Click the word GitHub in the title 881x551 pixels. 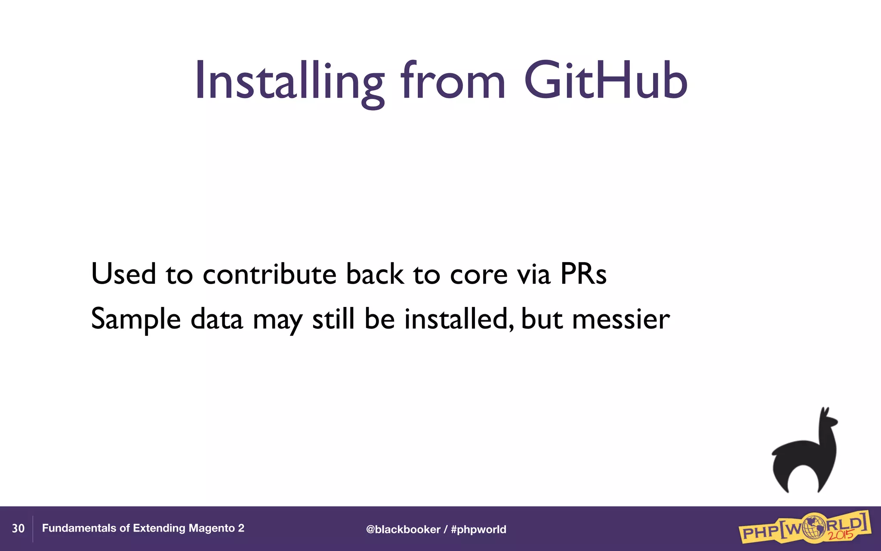coord(606,80)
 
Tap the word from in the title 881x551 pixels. coord(453,80)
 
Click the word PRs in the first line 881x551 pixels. coord(583,274)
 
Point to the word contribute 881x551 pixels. coord(269,274)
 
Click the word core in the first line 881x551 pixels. coord(478,275)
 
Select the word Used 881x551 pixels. coord(123,274)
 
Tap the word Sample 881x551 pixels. coord(136,319)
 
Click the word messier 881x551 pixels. coord(621,319)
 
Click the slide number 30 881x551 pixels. coord(18,528)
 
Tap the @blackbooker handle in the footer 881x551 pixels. coord(403,529)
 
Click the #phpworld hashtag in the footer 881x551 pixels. coord(478,529)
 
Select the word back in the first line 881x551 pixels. coord(375,274)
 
